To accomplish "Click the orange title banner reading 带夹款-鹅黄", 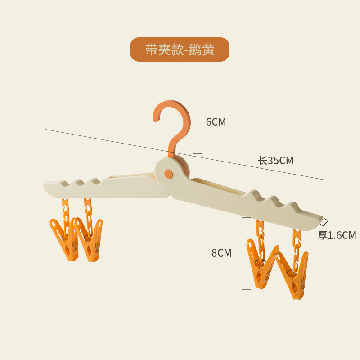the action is tap(180, 49).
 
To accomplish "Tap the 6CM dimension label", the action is tap(216, 122).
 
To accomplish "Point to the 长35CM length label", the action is tap(275, 161).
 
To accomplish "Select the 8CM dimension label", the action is tap(221, 253).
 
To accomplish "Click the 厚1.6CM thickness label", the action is tap(337, 235).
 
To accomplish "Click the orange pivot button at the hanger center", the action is tap(168, 173).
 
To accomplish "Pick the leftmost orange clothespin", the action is tap(63, 238).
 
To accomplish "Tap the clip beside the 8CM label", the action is tap(261, 265).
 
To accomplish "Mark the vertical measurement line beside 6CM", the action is tap(202, 121).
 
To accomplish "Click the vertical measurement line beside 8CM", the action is tap(242, 253).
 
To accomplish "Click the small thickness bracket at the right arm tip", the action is tap(325, 221).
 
